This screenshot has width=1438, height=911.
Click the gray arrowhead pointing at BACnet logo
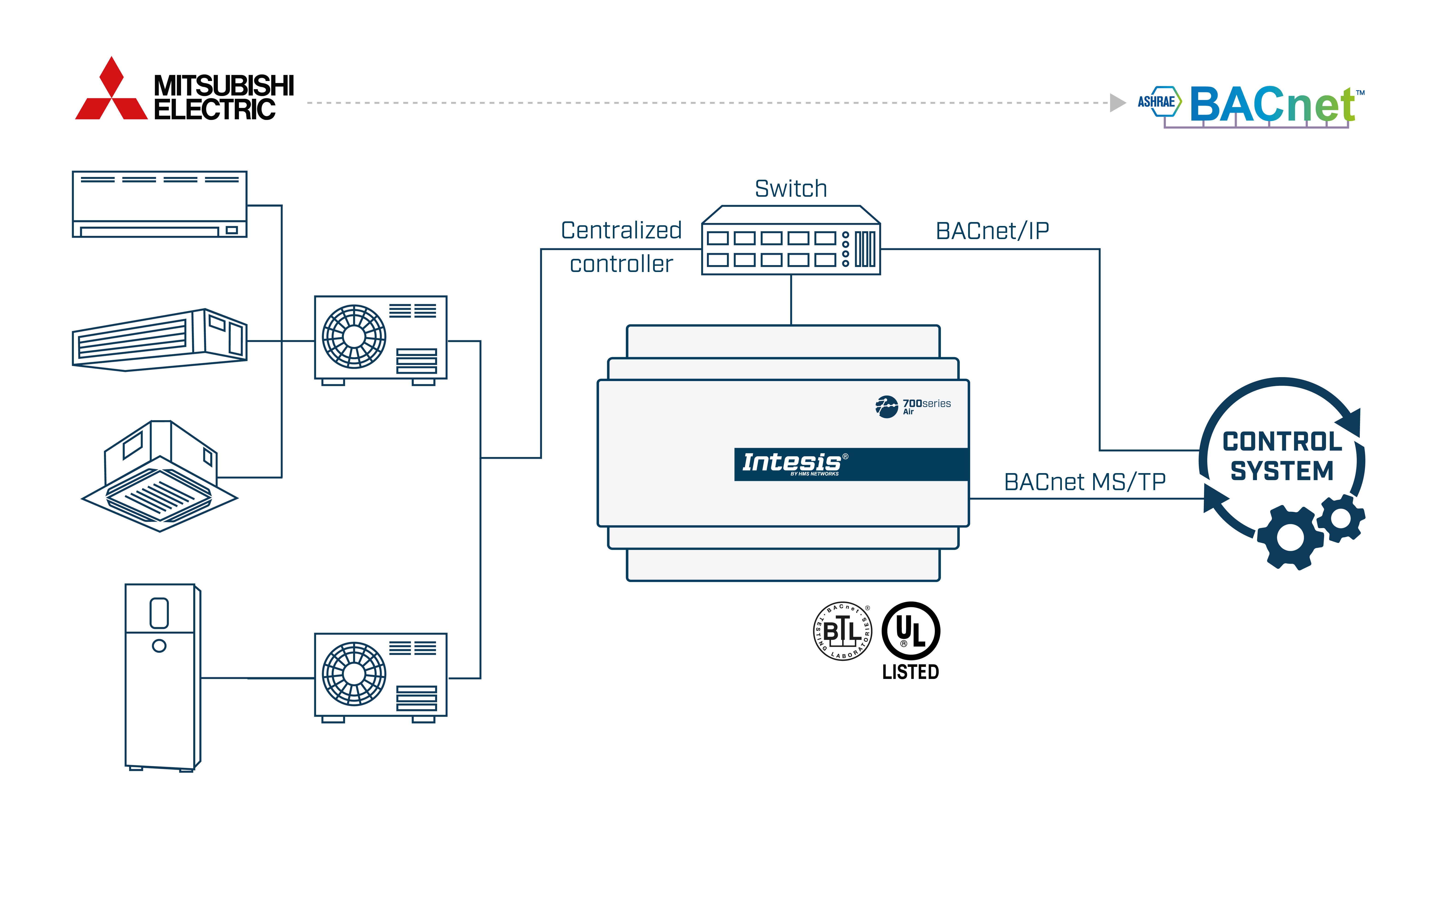(1117, 103)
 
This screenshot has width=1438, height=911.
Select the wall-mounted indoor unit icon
(159, 204)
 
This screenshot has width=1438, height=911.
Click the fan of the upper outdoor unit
(354, 337)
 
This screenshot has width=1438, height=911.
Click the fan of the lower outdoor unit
(354, 674)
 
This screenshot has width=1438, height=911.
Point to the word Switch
(791, 189)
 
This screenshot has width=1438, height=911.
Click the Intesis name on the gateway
(791, 462)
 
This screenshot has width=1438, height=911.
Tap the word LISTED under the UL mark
(911, 672)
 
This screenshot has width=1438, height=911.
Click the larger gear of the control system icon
(1290, 538)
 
